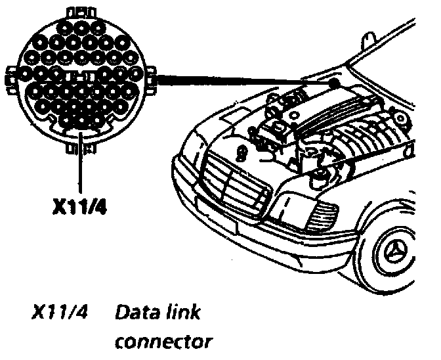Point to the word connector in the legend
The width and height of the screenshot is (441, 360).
click(163, 342)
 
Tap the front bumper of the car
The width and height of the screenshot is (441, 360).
click(262, 230)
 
